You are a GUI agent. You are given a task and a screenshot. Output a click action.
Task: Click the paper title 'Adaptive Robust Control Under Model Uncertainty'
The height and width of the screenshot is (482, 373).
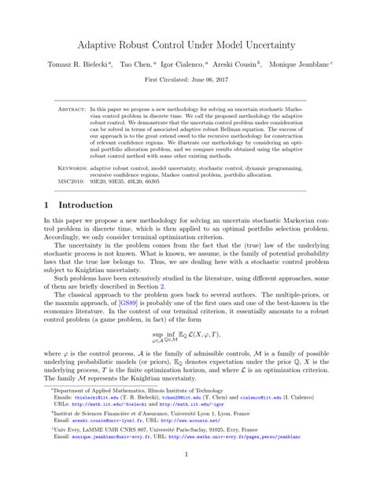coord(186,46)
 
